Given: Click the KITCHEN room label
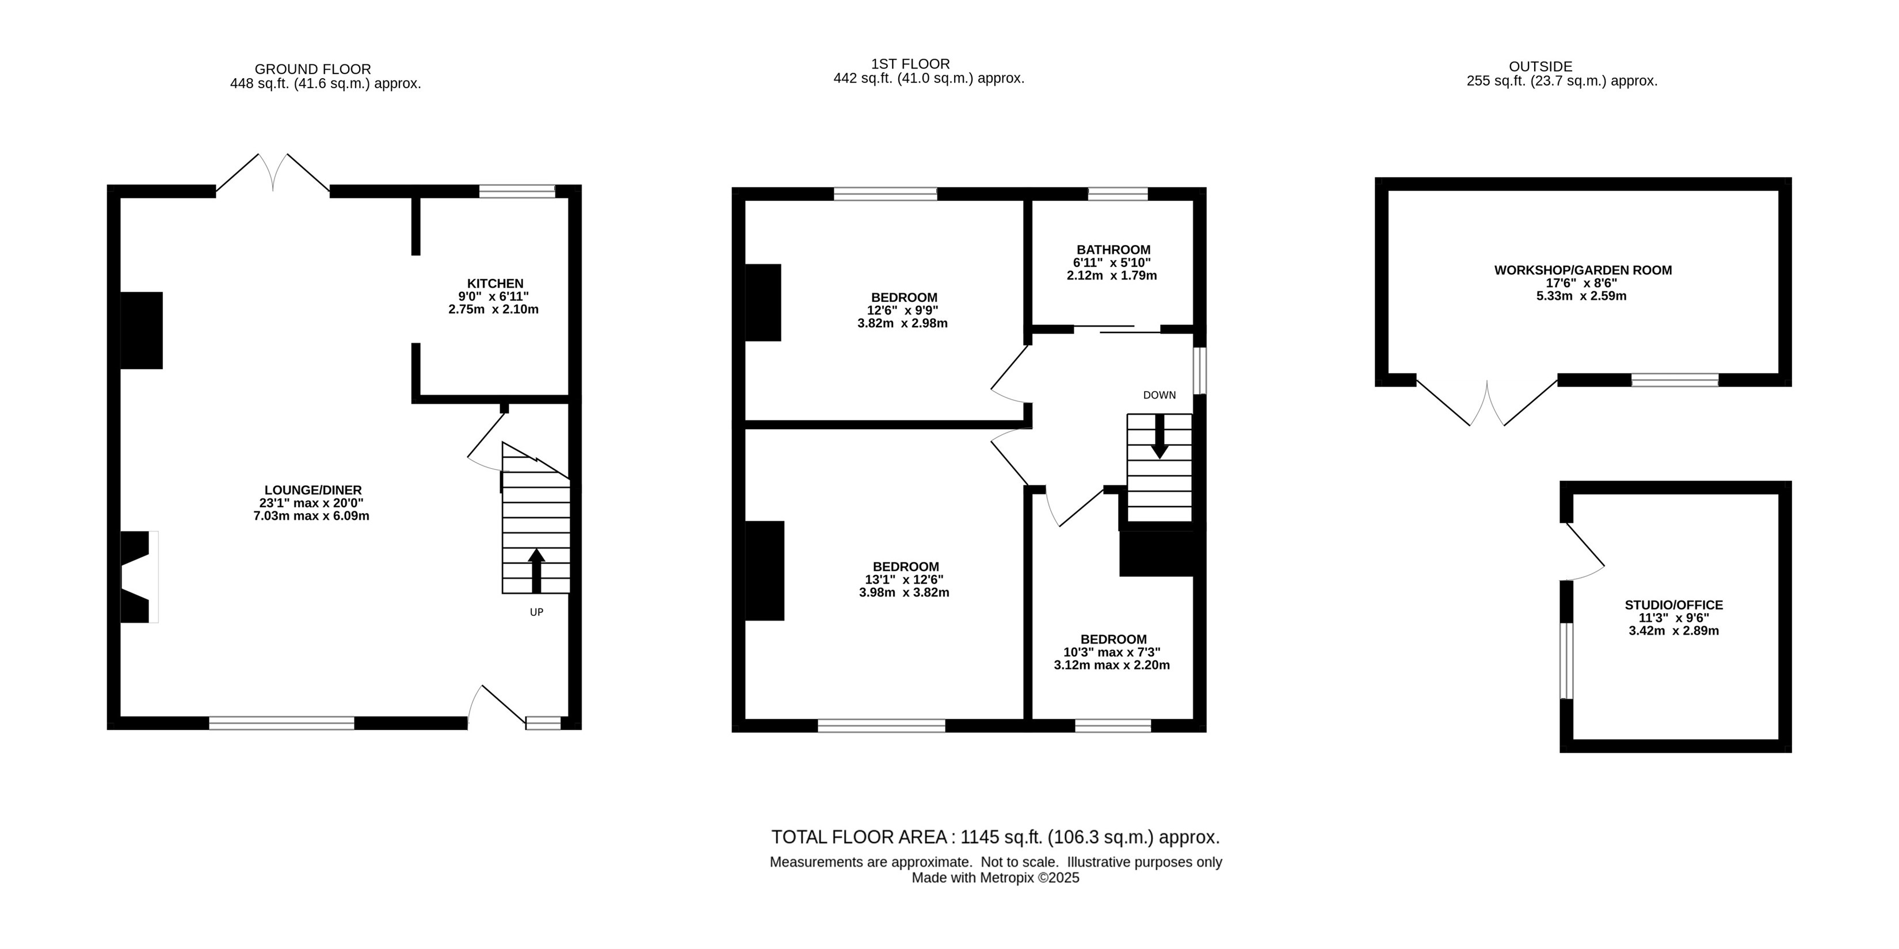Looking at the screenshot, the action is (x=495, y=284).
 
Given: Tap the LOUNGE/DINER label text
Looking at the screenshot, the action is (x=313, y=490).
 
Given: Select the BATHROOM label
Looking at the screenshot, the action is (x=1113, y=250).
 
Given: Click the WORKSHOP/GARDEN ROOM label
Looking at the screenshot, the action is (x=1582, y=270).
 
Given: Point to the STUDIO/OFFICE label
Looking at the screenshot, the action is (x=1673, y=605).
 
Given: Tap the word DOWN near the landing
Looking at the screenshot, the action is (x=1160, y=395).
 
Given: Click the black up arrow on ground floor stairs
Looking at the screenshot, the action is (x=536, y=571).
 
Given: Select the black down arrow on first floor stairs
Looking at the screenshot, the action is (x=1160, y=436).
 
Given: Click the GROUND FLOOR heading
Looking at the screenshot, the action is (x=312, y=69).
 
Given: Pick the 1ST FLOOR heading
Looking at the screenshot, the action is (x=910, y=64).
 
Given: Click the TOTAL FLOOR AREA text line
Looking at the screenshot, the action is (x=995, y=837).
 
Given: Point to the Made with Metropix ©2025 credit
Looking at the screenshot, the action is (x=995, y=878).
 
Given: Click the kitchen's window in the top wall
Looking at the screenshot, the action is (x=517, y=192).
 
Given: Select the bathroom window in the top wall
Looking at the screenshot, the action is (x=1118, y=194).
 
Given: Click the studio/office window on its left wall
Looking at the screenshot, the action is (x=1566, y=660).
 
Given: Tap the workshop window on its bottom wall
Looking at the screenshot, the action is (x=1675, y=380).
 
